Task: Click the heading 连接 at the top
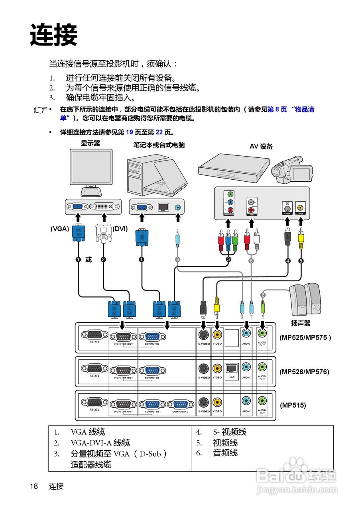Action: [53, 35]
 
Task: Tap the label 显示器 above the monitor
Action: [90, 143]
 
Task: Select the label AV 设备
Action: [261, 146]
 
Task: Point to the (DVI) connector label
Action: [120, 229]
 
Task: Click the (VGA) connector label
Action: [60, 229]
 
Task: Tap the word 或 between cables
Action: [89, 259]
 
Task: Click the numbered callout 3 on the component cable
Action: [228, 259]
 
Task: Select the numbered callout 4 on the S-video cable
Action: [288, 261]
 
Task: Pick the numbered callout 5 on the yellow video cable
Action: [301, 261]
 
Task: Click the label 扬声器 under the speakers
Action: [301, 323]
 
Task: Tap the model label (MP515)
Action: [293, 405]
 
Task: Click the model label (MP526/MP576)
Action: [304, 372]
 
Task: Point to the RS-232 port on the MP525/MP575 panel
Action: [94, 335]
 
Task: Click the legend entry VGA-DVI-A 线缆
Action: [100, 443]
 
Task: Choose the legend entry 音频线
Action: [225, 453]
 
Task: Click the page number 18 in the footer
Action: [33, 486]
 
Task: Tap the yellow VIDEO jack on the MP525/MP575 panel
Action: [217, 335]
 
